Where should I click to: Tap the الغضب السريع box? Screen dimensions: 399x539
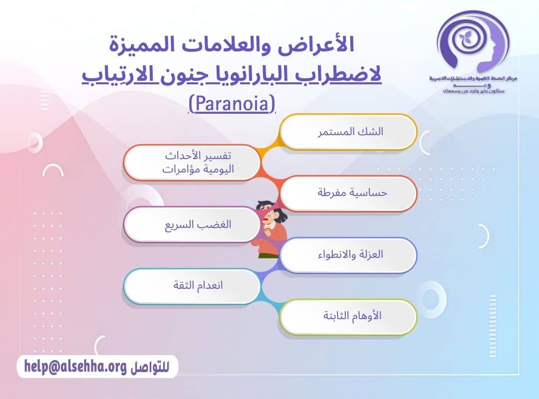point(192,224)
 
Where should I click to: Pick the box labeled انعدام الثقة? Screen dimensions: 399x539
point(192,286)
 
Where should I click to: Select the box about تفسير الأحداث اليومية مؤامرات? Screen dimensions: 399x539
point(192,163)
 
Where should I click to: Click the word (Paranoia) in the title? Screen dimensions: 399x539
point(232,104)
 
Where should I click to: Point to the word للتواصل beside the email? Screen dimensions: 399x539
point(149,368)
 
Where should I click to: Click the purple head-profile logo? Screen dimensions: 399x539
point(472,42)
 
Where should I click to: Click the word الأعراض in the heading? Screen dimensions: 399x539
point(322,46)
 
